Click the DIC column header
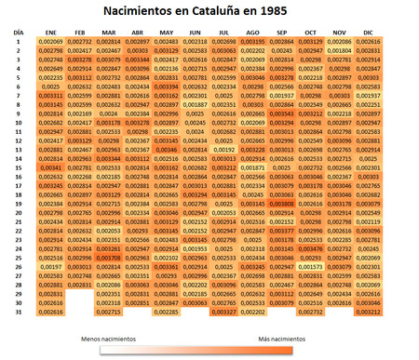369,33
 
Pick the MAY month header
168,33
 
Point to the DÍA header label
19,33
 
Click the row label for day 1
19,42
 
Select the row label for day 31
19,313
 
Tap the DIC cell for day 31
369,313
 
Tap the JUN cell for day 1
196,42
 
